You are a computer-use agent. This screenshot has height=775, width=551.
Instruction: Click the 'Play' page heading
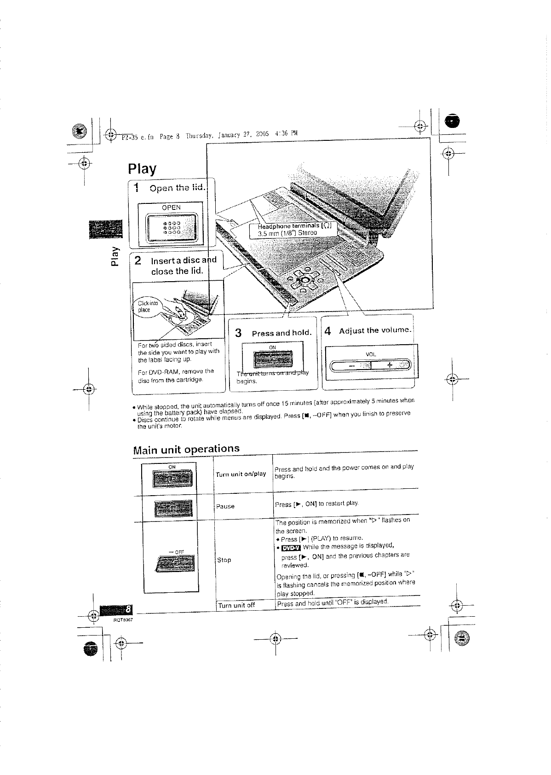pos(142,168)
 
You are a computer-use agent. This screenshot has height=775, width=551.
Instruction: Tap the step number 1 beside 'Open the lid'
pos(136,188)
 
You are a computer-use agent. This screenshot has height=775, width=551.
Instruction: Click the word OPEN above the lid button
pos(171,208)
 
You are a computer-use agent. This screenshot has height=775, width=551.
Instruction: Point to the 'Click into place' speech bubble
pos(148,307)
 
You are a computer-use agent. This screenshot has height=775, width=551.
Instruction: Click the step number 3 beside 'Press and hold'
pos(238,333)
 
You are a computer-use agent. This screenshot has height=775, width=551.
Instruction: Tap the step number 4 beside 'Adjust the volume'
pos(327,331)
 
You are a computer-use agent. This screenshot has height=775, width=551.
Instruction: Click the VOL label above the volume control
pos(371,354)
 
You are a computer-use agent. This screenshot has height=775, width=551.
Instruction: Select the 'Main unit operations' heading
pos(186,449)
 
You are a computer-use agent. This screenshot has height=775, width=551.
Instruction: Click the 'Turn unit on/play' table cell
pos(241,474)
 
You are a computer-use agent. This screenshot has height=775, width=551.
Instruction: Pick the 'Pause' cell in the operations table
pos(225,506)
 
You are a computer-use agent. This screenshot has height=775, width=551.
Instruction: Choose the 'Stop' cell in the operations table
pos(224,560)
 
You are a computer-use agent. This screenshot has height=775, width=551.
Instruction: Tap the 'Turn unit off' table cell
pos(236,605)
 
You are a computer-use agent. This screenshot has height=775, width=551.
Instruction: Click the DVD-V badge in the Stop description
pos(291,548)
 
